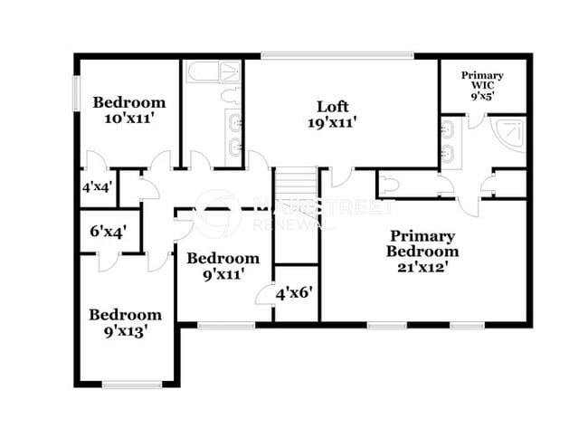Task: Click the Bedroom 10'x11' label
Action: (x=129, y=109)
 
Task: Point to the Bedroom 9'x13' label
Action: (x=125, y=323)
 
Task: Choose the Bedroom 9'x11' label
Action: (x=217, y=265)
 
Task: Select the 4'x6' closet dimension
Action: (x=294, y=293)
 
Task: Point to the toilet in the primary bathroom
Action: (x=387, y=184)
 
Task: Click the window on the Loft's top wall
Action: (x=337, y=56)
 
